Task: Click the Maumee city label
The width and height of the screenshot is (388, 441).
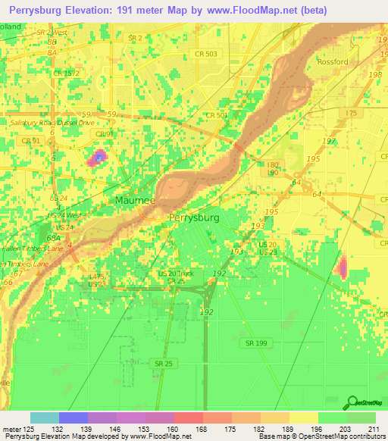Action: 135,201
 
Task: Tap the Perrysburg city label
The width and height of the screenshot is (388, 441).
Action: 193,217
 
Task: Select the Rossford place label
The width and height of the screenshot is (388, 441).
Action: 333,61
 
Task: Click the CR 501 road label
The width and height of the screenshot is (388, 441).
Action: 217,115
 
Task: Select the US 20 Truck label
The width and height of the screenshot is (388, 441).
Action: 176,273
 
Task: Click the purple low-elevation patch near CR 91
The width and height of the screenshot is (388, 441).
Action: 97,158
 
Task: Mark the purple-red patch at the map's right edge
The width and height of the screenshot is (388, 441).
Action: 342,267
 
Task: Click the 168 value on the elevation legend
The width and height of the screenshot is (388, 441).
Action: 201,429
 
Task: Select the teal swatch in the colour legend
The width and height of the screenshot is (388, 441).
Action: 44,418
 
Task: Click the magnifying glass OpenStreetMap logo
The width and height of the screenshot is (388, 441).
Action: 352,403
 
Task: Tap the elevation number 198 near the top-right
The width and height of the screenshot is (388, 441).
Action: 374,74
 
